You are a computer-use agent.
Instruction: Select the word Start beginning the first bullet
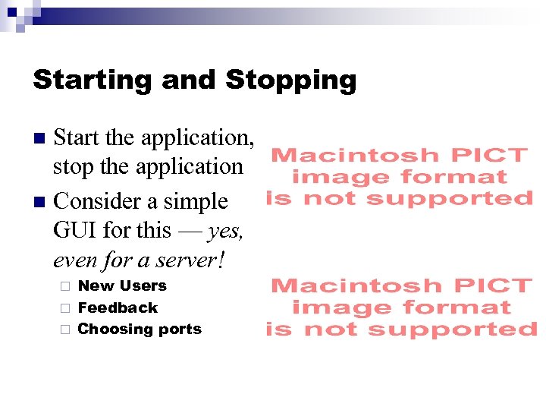point(77,138)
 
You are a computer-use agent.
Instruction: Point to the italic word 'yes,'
point(225,231)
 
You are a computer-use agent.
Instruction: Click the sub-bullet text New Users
point(122,286)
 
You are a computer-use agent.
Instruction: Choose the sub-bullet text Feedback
point(118,307)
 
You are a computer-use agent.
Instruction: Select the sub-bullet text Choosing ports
point(140,330)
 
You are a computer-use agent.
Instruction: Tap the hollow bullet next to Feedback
point(64,308)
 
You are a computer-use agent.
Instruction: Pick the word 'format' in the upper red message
point(453,178)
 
